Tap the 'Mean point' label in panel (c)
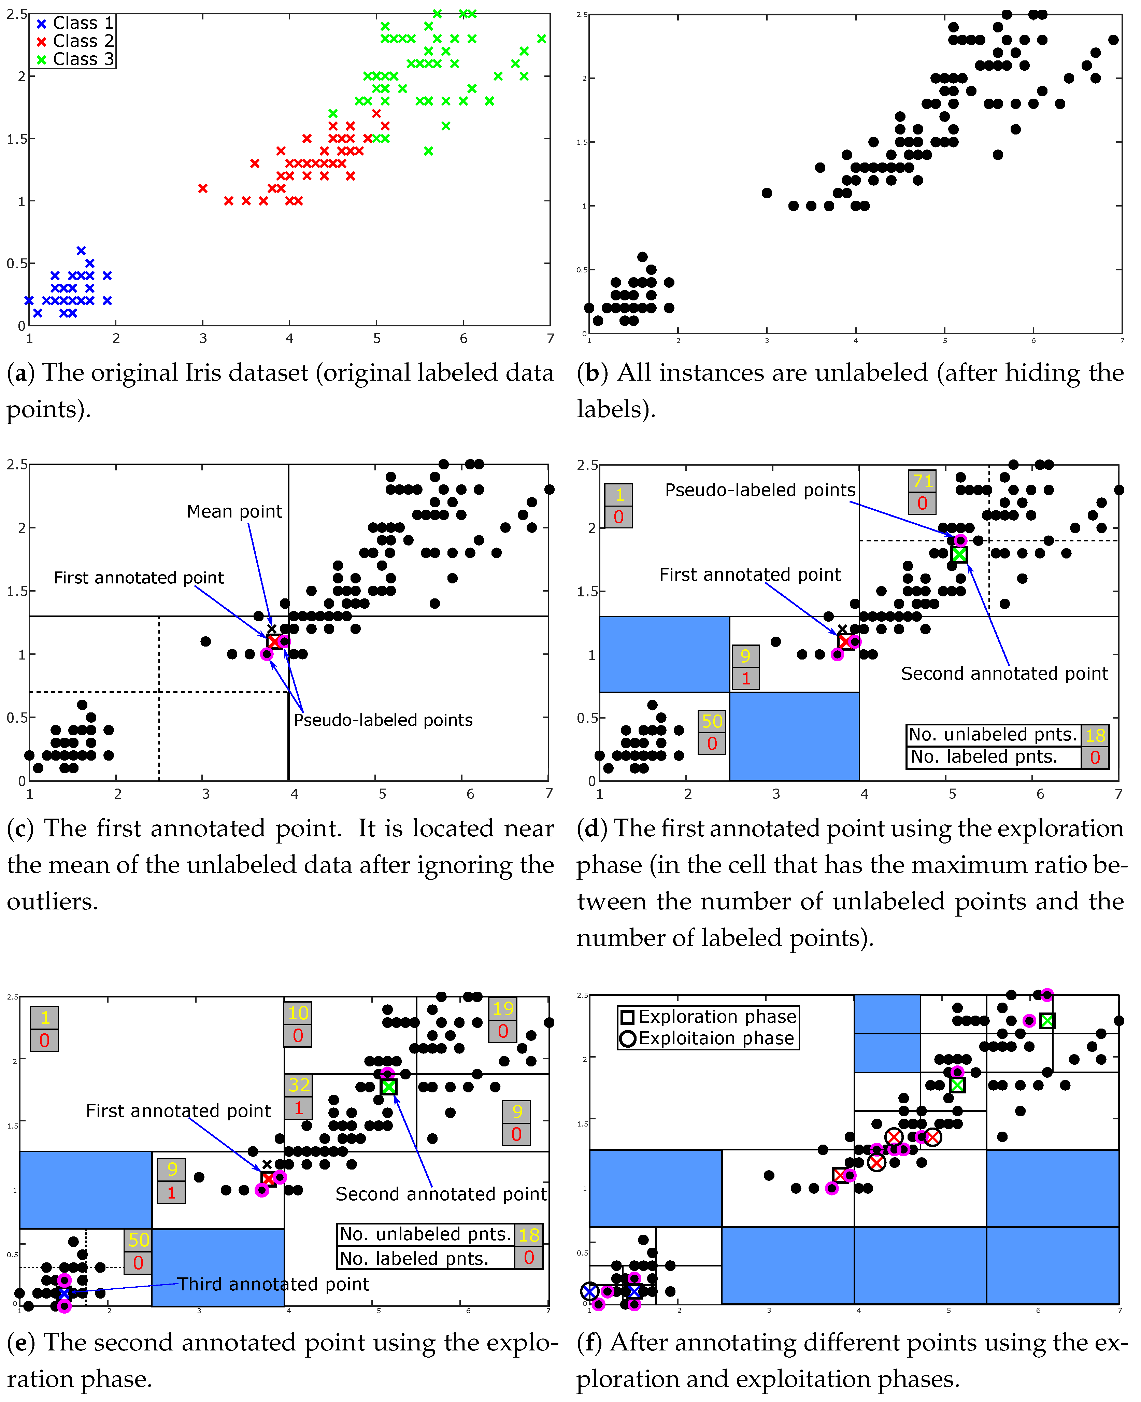234,511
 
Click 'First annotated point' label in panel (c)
139,578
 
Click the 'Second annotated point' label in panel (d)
1004,674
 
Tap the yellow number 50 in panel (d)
712,721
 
